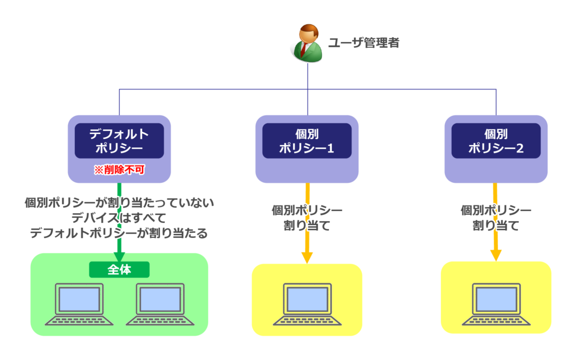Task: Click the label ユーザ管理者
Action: (363, 43)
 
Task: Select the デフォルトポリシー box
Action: (119, 141)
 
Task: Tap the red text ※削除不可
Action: (119, 169)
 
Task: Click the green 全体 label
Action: (119, 269)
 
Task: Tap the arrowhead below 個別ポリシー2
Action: (496, 255)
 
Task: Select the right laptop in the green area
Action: (160, 304)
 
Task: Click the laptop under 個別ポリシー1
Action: (307, 304)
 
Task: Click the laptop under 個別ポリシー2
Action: (496, 304)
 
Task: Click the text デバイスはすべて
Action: (119, 218)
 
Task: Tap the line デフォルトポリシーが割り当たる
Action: (119, 233)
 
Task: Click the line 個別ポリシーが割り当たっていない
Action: (119, 203)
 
